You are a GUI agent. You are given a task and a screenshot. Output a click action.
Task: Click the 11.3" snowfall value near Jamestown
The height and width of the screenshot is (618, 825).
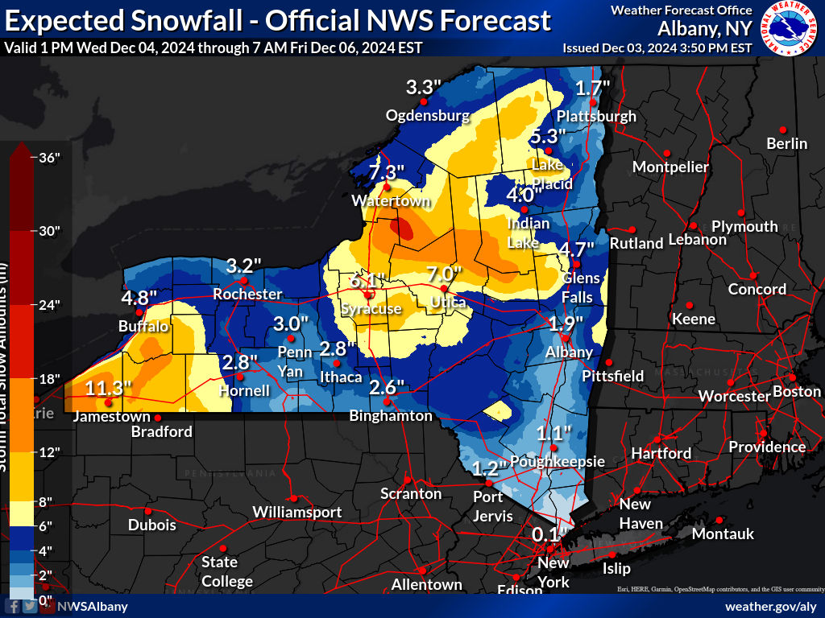pyautogui.click(x=108, y=389)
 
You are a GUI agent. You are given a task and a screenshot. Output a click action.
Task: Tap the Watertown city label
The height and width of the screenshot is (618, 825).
pyautogui.click(x=381, y=201)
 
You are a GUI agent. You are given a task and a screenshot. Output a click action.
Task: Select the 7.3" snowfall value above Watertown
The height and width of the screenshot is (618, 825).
pyautogui.click(x=387, y=172)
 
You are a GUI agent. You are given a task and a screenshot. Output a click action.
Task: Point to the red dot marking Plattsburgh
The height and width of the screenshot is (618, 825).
pyautogui.click(x=594, y=102)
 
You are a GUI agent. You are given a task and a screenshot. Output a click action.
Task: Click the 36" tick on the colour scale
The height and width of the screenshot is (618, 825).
pyautogui.click(x=50, y=158)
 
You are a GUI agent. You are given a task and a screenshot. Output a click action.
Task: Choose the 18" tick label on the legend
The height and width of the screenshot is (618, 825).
pyautogui.click(x=50, y=379)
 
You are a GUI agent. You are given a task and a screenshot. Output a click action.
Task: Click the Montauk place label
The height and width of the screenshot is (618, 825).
pyautogui.click(x=723, y=534)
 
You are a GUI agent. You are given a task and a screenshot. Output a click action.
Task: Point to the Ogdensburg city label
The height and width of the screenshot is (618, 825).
pyautogui.click(x=427, y=115)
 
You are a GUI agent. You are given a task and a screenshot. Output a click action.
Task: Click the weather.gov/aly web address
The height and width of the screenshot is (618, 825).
pyautogui.click(x=770, y=606)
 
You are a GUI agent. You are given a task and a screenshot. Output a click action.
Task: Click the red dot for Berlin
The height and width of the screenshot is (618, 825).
pyautogui.click(x=782, y=129)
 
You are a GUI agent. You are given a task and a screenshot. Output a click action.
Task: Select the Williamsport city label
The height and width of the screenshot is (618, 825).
pyautogui.click(x=296, y=512)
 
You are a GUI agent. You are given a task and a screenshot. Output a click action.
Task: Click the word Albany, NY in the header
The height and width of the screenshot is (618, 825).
pyautogui.click(x=704, y=28)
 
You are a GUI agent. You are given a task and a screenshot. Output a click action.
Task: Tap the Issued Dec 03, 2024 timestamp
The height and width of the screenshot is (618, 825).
pyautogui.click(x=657, y=47)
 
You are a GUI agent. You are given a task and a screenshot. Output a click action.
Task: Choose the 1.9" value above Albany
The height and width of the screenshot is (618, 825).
pyautogui.click(x=566, y=324)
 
